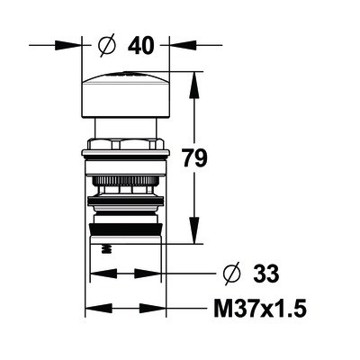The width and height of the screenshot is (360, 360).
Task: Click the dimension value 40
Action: click(x=140, y=47)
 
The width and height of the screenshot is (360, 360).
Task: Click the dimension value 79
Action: click(x=195, y=158)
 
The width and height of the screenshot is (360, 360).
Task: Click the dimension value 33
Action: click(x=266, y=274)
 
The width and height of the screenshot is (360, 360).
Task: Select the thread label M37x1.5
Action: click(x=260, y=308)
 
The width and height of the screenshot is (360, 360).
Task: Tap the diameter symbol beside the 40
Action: click(x=107, y=45)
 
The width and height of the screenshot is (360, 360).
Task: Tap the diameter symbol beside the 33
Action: click(x=232, y=274)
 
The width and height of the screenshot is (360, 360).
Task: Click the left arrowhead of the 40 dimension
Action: click(x=68, y=46)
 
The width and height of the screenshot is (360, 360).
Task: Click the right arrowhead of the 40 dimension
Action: click(x=183, y=45)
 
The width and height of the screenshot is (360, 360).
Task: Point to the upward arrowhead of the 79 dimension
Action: click(x=194, y=85)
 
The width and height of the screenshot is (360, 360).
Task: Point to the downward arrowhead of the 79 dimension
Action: click(x=194, y=230)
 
